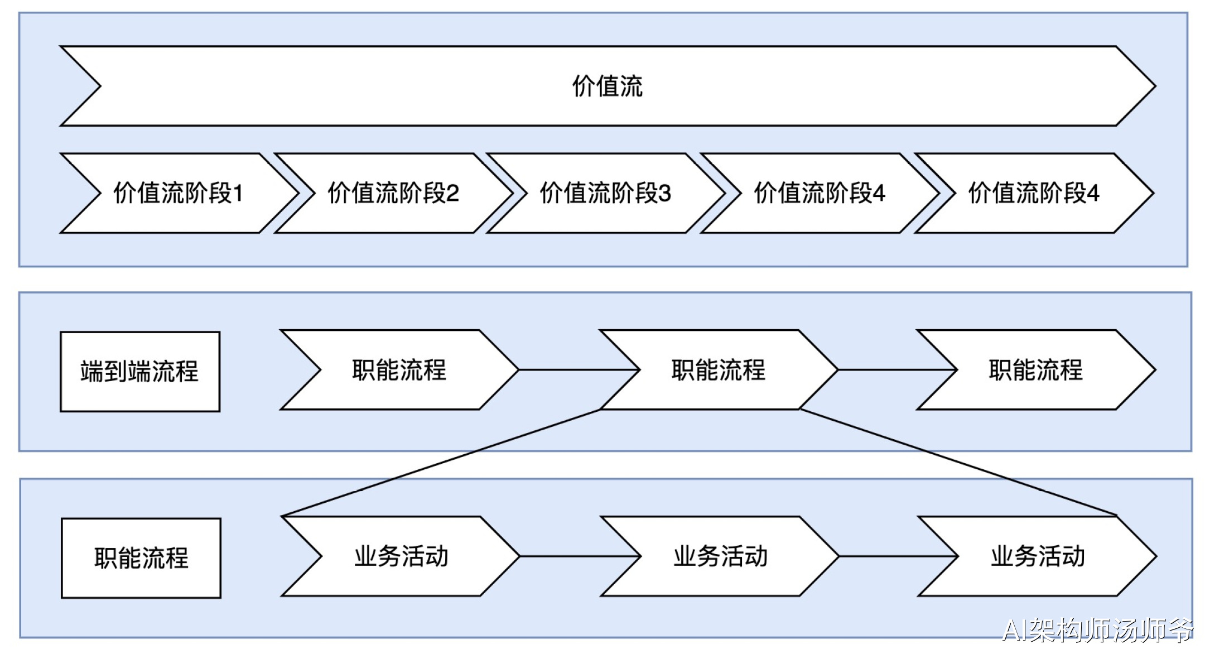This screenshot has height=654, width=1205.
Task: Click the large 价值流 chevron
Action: pyautogui.click(x=608, y=86)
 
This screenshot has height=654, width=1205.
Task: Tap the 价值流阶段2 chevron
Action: pyautogui.click(x=393, y=193)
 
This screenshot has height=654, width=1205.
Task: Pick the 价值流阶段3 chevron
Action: pyautogui.click(x=605, y=193)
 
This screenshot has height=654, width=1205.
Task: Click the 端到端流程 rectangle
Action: pyautogui.click(x=140, y=372)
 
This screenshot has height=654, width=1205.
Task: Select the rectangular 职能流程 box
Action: pyautogui.click(x=141, y=558)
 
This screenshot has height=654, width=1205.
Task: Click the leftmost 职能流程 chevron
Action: pyautogui.click(x=399, y=370)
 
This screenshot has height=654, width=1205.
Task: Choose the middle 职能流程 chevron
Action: pyautogui.click(x=719, y=370)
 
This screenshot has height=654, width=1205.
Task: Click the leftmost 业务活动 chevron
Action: pyautogui.click(x=401, y=556)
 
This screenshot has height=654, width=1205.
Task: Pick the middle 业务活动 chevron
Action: pyautogui.click(x=720, y=556)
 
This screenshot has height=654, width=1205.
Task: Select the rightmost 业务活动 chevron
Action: pyautogui.click(x=1037, y=556)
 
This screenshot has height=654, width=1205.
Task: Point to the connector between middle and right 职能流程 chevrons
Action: pyautogui.click(x=897, y=369)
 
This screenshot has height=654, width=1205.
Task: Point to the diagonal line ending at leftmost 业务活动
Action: pyautogui.click(x=441, y=463)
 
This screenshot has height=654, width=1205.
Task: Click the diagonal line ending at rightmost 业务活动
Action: pyautogui.click(x=958, y=462)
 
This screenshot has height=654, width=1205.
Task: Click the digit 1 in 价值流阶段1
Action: pyautogui.click(x=238, y=194)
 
